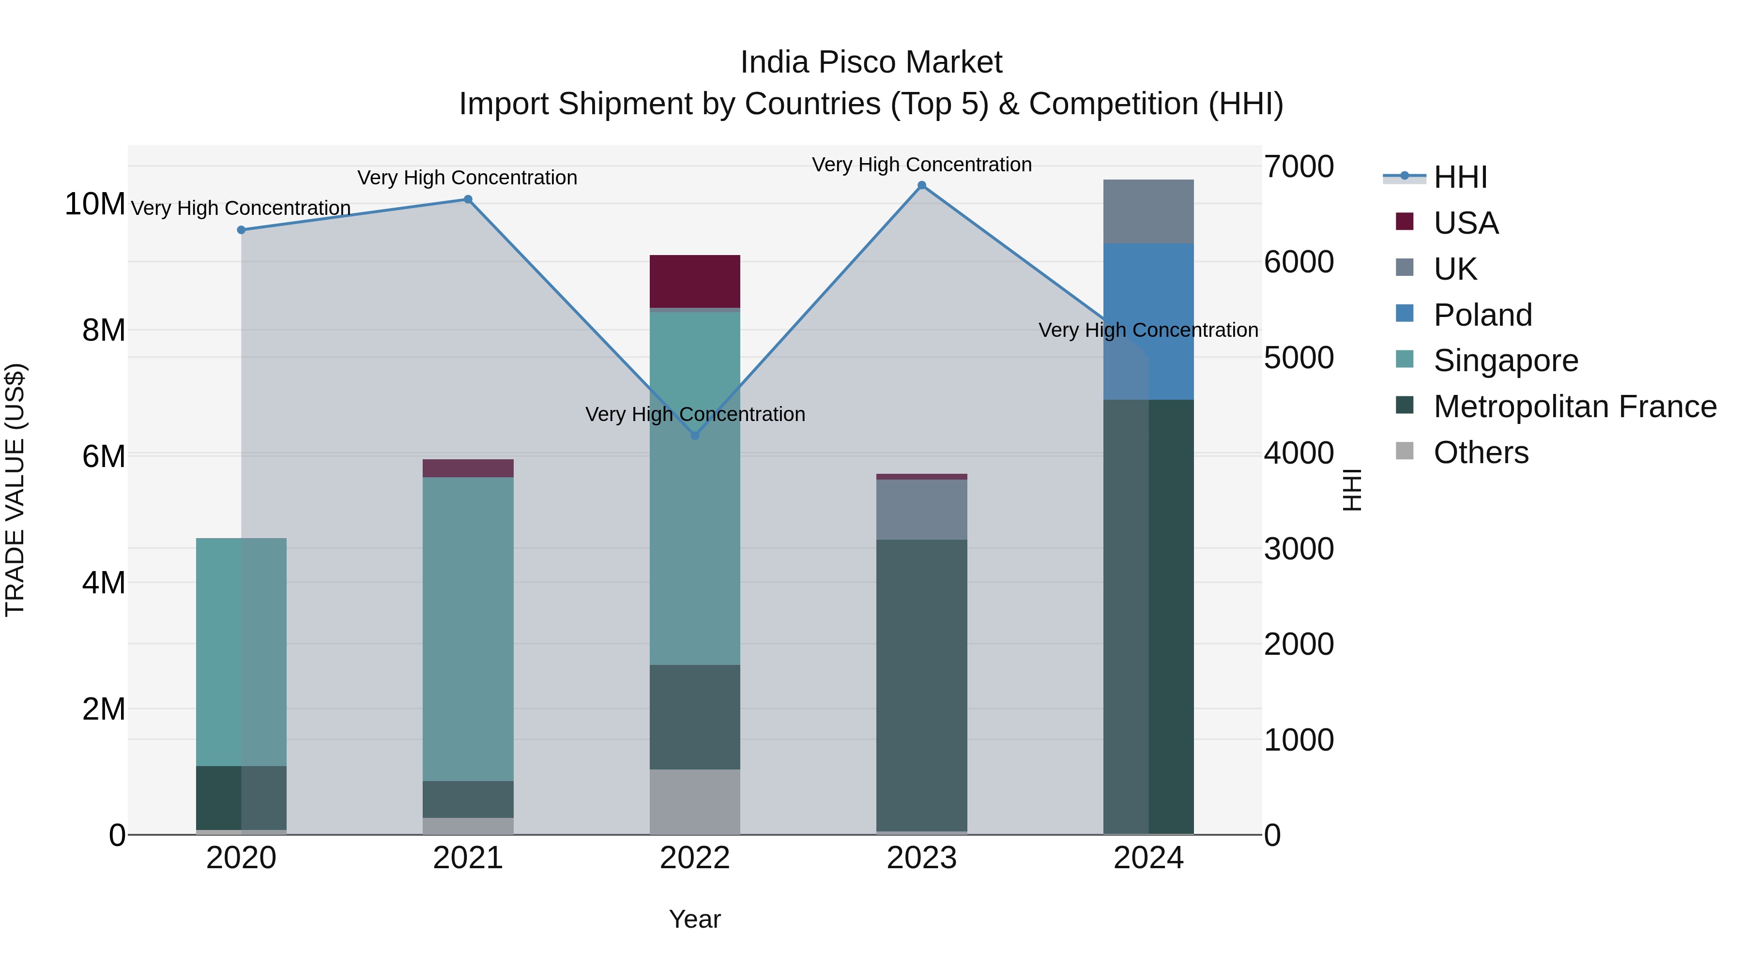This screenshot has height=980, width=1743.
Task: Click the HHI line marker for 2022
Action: [694, 436]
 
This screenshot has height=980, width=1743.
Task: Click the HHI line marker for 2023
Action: [921, 185]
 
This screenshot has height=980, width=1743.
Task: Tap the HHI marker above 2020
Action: [241, 230]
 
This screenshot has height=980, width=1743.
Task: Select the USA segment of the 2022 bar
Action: [694, 281]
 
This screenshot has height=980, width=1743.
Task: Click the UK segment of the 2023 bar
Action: [921, 509]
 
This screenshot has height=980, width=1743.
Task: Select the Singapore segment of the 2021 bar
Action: [468, 629]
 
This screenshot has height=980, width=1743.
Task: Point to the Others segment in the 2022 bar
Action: [694, 801]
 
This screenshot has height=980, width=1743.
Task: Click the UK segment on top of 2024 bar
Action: [1148, 211]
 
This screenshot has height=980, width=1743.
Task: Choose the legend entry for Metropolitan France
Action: [1575, 407]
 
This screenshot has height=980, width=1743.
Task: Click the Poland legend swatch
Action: [1405, 314]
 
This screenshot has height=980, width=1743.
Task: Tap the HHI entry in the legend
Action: [1460, 177]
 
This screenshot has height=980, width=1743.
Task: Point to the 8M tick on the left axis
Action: [104, 330]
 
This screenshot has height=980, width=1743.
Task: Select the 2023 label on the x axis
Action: [921, 858]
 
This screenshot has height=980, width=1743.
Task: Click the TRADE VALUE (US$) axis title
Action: [15, 490]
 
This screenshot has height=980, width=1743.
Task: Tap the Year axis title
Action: [694, 919]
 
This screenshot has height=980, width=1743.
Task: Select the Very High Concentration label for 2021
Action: [468, 178]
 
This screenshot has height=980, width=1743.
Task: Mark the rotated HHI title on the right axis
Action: [1351, 490]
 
